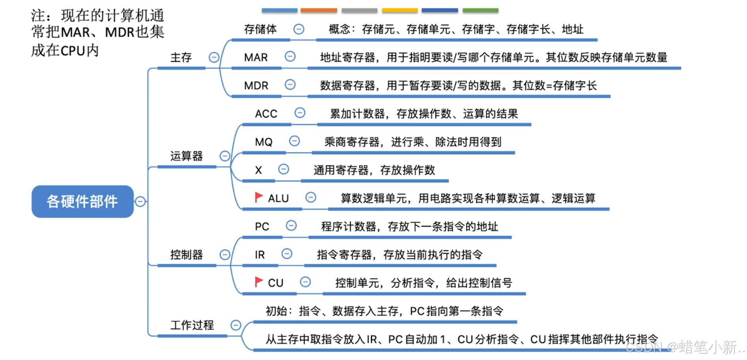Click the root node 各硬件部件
click(82, 201)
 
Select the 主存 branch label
click(181, 58)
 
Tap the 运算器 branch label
click(186, 156)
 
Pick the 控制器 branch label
click(186, 255)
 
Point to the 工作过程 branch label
click(192, 325)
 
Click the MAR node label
click(256, 58)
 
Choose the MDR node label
click(256, 86)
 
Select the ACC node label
click(266, 114)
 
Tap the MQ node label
click(264, 142)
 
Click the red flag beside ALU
click(259, 197)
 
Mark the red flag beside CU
click(259, 282)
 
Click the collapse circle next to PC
click(291, 226)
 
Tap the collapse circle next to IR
click(287, 254)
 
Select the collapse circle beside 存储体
click(299, 29)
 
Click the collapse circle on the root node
click(140, 201)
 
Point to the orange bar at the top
click(319, 10)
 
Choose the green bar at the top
click(480, 10)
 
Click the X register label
click(258, 170)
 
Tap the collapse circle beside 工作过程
click(235, 325)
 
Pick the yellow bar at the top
click(400, 10)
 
